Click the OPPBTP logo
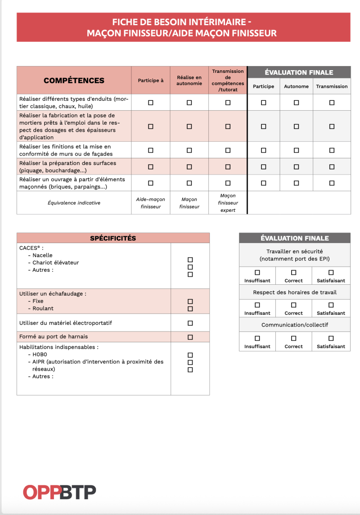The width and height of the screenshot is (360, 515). coord(59,492)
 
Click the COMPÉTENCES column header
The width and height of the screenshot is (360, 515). coord(74,81)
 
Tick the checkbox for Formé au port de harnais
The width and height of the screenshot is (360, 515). coord(190,337)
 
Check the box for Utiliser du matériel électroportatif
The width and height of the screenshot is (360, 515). coord(190,323)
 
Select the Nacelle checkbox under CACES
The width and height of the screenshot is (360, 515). coord(190,260)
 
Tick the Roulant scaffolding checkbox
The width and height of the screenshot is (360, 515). coord(190,309)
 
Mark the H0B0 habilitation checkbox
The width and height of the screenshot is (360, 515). coord(190,355)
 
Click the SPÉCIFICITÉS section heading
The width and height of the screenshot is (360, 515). coord(113,238)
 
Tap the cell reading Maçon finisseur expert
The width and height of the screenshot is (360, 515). coord(228,203)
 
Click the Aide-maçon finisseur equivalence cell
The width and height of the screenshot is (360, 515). coord(151,203)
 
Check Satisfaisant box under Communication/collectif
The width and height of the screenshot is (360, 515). coord(331,338)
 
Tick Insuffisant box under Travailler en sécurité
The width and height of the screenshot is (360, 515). coord(257,272)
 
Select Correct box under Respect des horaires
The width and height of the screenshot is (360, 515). coord(294,305)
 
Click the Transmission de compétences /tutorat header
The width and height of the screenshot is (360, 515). coord(228,81)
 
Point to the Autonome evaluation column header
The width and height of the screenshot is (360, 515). coord(296,86)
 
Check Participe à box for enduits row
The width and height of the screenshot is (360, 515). coord(151,103)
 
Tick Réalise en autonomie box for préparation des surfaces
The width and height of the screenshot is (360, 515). coord(189,166)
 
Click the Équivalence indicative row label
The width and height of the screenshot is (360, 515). coord(74,203)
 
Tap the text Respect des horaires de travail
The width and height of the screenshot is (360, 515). coord(294,292)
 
